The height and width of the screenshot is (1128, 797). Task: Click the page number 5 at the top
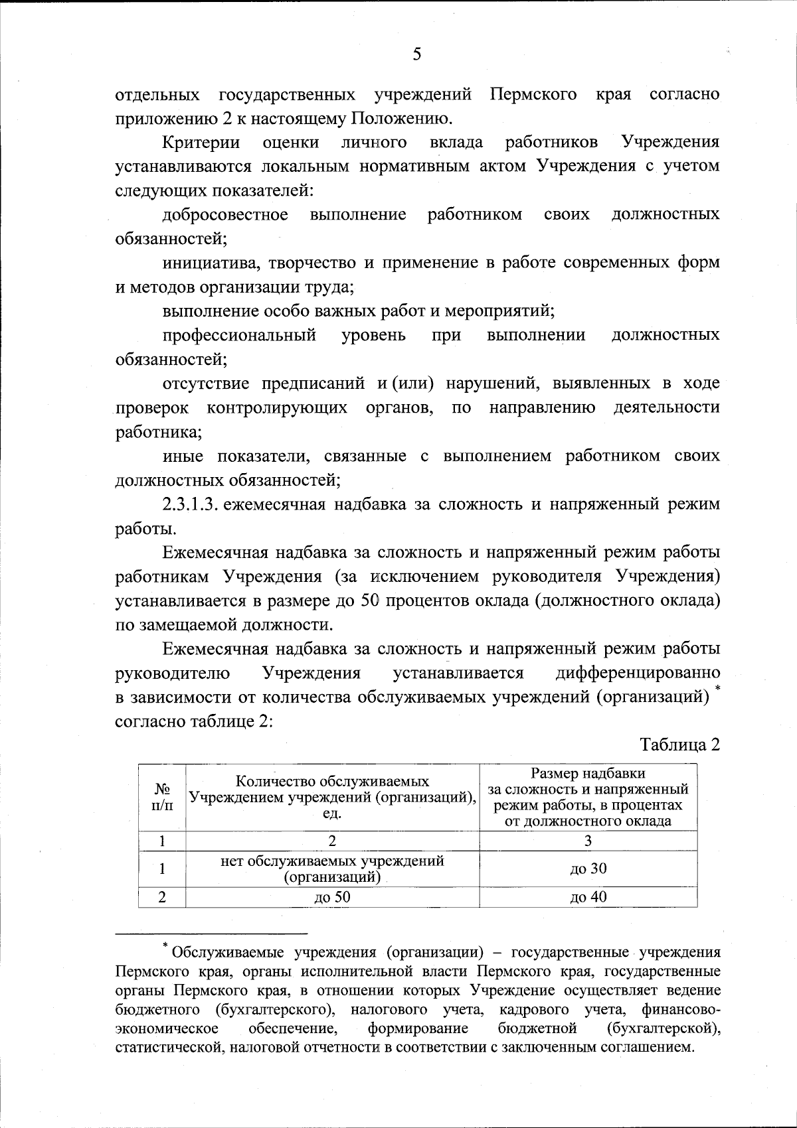point(416,54)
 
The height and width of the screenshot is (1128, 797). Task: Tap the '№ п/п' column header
point(162,797)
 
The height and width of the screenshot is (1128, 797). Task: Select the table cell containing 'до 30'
point(588,869)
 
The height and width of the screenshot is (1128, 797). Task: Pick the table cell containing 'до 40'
point(588,898)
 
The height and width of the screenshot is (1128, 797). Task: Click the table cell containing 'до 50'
point(332,898)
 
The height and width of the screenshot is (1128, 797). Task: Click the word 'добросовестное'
point(226,214)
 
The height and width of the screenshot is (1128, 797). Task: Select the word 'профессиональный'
point(239,335)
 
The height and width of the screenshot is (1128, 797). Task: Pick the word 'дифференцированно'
point(638,673)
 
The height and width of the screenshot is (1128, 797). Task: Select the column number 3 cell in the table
point(588,841)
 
